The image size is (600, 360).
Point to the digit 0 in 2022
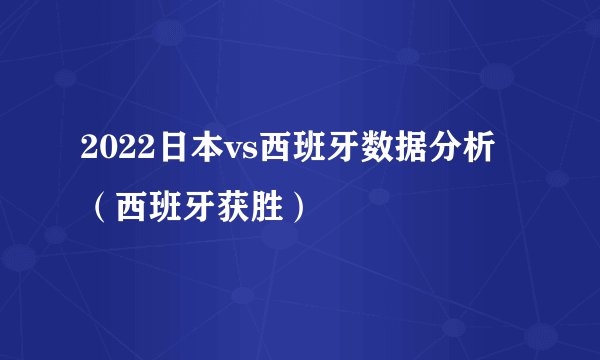coord(101,152)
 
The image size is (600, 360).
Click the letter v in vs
coord(230,154)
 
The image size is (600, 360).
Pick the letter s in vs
coord(249,154)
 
